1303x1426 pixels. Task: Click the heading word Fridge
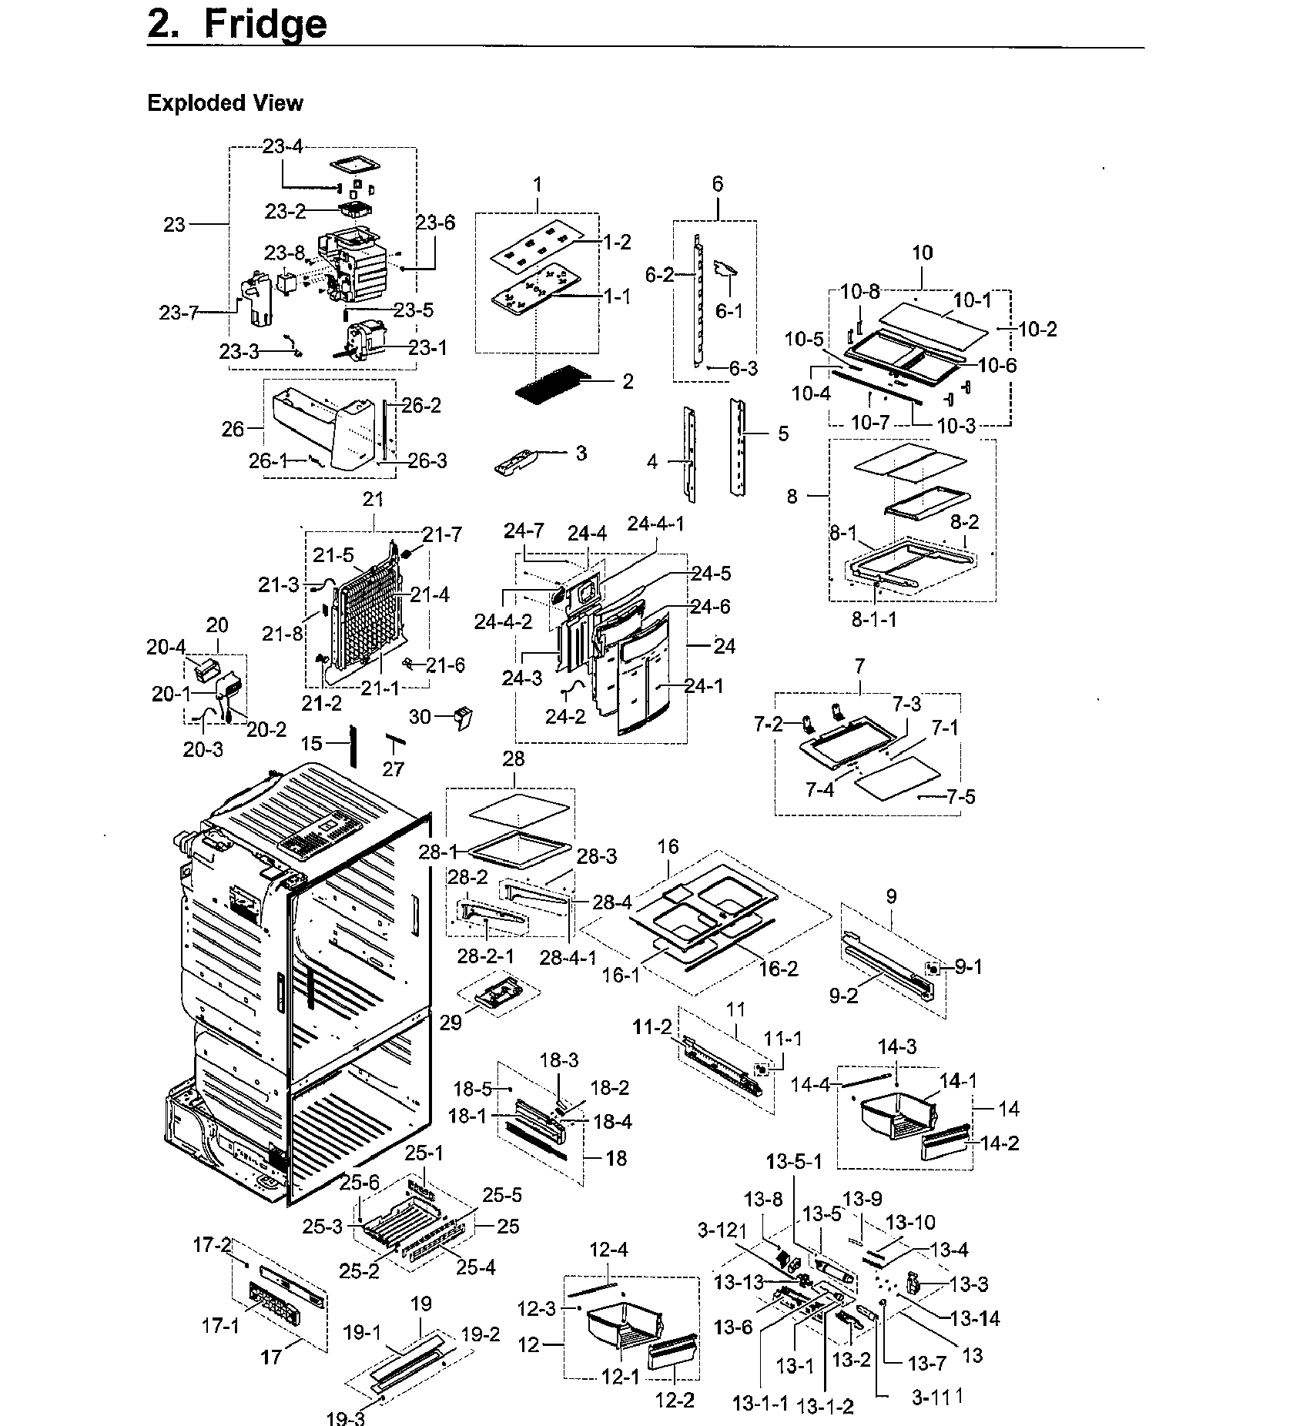(x=265, y=25)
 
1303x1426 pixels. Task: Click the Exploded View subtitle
(x=225, y=103)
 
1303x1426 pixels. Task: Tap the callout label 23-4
(x=283, y=146)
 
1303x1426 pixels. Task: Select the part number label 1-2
(x=616, y=243)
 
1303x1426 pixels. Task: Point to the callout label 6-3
(x=742, y=369)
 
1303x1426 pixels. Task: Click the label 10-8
(x=859, y=292)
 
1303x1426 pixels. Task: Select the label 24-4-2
(x=503, y=621)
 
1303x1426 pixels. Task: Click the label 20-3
(x=203, y=748)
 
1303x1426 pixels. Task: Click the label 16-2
(x=779, y=968)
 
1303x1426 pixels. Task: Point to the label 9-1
(x=968, y=967)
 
